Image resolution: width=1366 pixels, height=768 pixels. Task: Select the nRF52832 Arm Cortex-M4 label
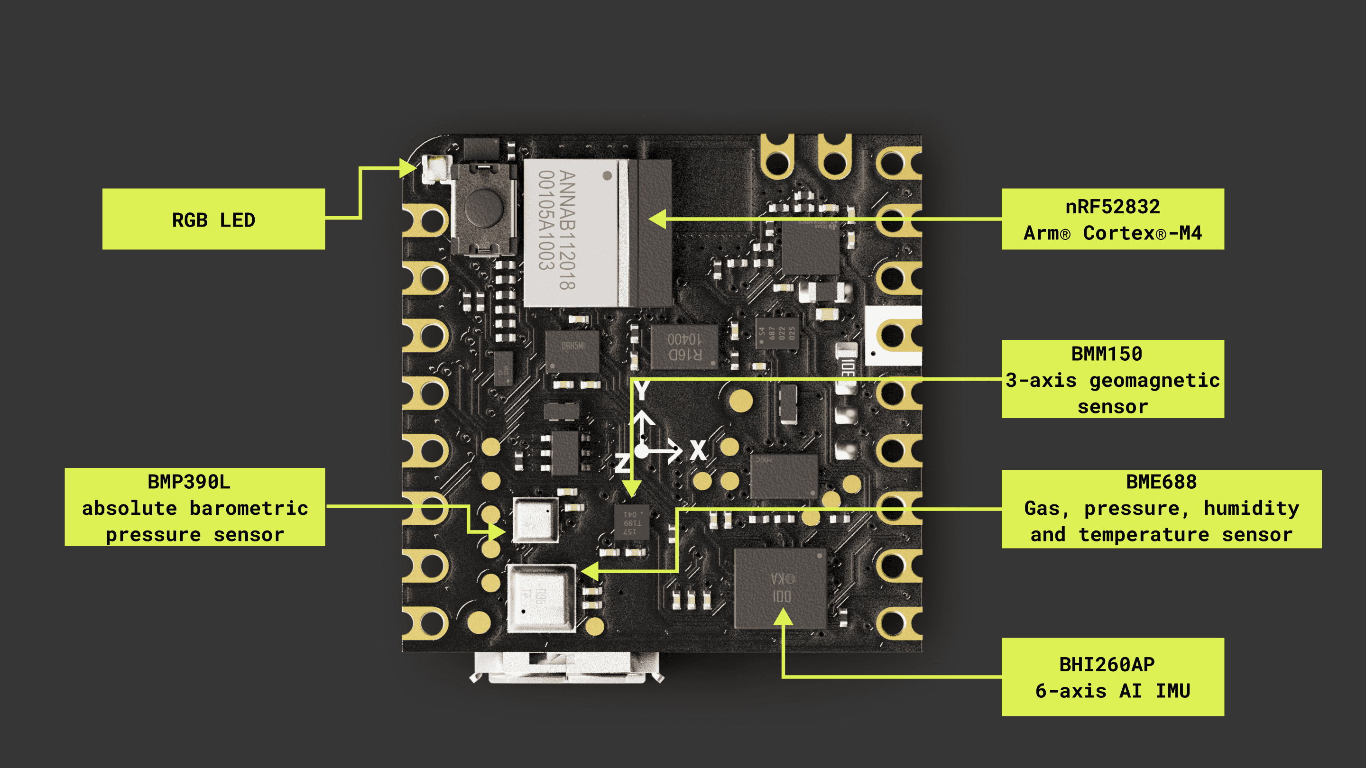click(x=1113, y=219)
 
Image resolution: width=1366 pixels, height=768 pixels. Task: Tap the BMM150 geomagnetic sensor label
click(x=1113, y=379)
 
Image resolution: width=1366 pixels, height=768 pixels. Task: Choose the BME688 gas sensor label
click(x=1161, y=509)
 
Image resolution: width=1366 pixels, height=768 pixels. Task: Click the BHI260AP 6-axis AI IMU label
click(x=1113, y=677)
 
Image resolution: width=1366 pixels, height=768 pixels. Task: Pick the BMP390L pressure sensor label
click(x=194, y=507)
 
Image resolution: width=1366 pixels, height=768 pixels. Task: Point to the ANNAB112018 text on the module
click(x=567, y=230)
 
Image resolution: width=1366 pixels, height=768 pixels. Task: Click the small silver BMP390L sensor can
click(x=535, y=520)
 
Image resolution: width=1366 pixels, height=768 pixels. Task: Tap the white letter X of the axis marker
click(x=698, y=450)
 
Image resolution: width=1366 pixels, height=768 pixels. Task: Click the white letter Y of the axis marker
click(x=642, y=391)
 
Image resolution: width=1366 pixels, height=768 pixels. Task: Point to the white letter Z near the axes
click(x=621, y=463)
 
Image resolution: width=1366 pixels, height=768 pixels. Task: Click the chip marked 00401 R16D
click(x=684, y=347)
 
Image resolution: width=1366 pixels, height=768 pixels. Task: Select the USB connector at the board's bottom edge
click(x=566, y=667)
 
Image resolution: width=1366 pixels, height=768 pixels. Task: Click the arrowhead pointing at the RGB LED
click(x=408, y=169)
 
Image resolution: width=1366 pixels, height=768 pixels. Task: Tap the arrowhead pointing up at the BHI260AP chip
click(x=783, y=616)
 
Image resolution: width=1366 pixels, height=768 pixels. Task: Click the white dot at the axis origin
click(x=642, y=451)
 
